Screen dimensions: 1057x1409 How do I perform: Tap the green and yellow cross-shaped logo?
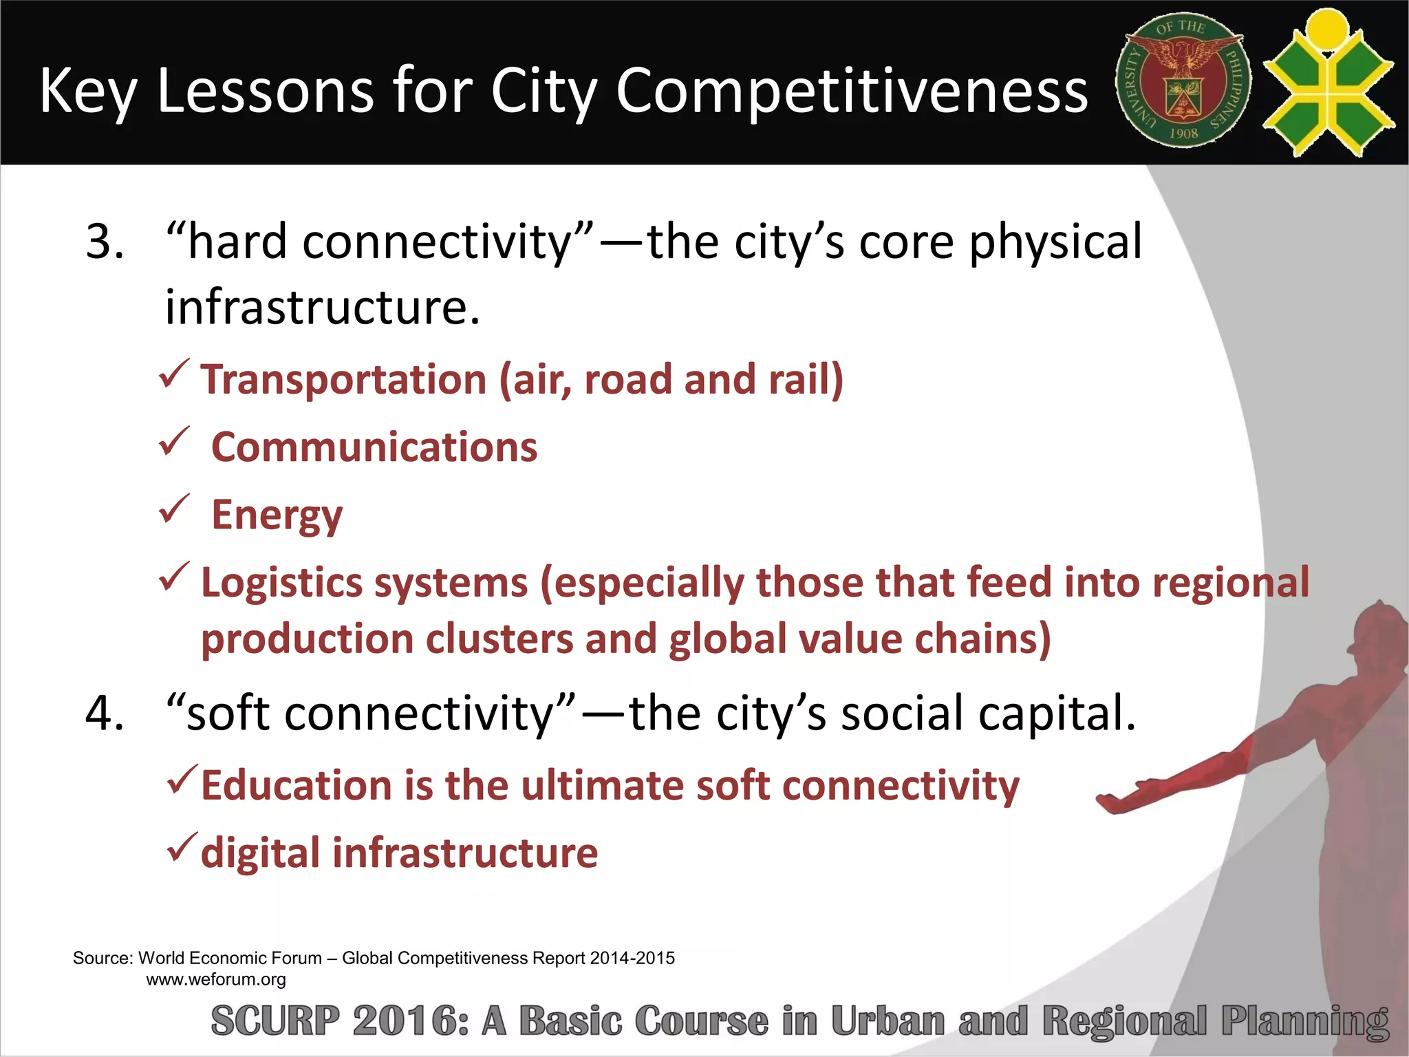click(1328, 83)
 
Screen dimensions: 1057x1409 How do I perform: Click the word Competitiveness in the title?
click(852, 91)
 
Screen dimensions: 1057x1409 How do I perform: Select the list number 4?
click(105, 714)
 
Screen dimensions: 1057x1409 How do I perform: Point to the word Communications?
click(374, 447)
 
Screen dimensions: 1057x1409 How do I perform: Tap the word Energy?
click(277, 515)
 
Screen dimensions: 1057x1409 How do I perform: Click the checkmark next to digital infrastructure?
click(182, 848)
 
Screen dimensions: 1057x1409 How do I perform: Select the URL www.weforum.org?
click(216, 979)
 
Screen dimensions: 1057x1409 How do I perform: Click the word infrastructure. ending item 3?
click(322, 307)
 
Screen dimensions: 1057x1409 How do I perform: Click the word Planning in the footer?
click(1304, 1022)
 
